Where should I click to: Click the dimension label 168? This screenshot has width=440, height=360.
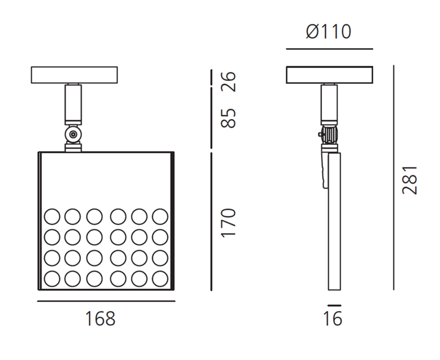click(100, 318)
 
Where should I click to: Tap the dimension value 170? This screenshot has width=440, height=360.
click(228, 223)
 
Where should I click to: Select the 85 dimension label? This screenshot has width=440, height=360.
click(228, 119)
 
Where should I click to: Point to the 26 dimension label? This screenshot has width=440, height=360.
click(228, 81)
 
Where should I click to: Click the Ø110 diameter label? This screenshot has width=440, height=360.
click(328, 31)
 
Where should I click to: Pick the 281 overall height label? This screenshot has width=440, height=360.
click(410, 180)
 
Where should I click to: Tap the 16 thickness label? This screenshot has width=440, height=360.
click(333, 318)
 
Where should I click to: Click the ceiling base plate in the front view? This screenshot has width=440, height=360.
click(74, 75)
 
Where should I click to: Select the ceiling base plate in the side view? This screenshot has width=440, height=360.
click(329, 75)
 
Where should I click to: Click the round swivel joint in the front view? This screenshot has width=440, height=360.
click(73, 135)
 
